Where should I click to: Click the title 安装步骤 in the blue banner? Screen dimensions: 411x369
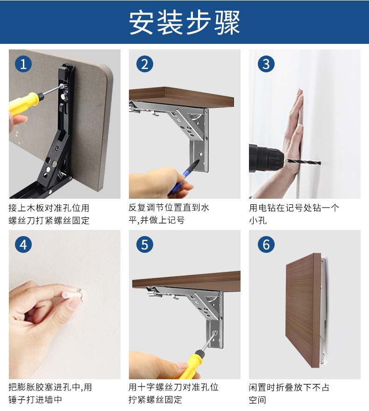click(184, 22)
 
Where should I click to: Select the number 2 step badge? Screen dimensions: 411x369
click(145, 64)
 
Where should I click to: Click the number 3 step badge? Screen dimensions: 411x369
click(266, 64)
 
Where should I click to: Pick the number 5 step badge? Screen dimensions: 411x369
click(145, 244)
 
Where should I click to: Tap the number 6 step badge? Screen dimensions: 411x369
click(266, 244)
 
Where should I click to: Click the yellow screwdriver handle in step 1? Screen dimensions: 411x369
click(24, 102)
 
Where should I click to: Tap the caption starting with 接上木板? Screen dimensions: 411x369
click(49, 214)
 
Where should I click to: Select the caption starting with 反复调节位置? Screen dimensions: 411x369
click(169, 214)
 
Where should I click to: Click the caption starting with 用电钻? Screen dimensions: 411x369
click(294, 214)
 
